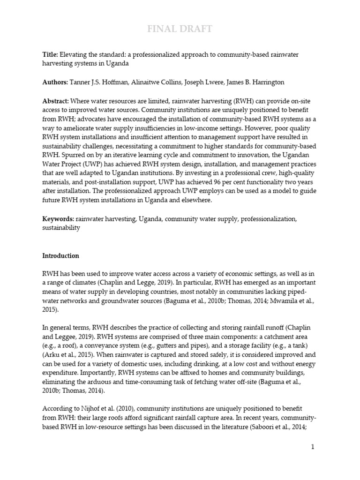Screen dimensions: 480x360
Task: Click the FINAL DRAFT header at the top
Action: tap(180, 30)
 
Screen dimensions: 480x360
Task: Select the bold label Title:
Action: tap(50, 55)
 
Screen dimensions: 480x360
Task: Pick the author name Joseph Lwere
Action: tap(199, 82)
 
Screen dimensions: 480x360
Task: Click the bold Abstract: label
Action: tap(56, 101)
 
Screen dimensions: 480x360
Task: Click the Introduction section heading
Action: tap(60, 256)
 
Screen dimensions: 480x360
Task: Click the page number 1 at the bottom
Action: tap(312, 447)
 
